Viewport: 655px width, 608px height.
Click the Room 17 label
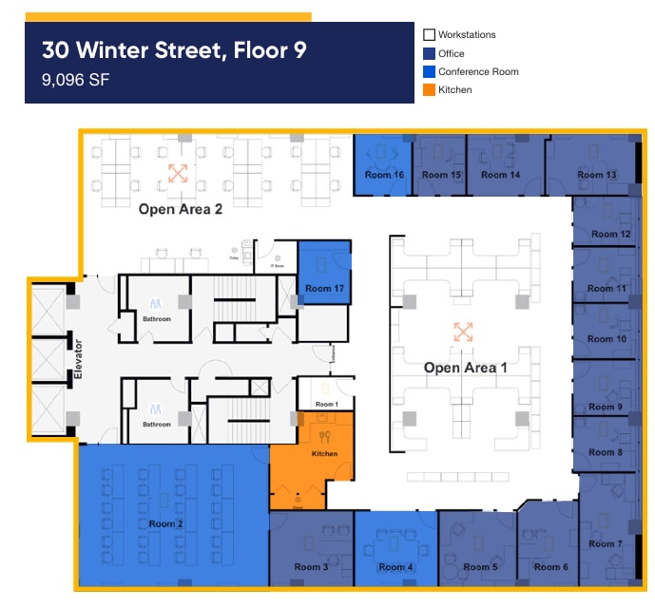tap(324, 288)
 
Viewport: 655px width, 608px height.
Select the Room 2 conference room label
tap(166, 523)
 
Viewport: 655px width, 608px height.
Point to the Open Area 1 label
tap(459, 368)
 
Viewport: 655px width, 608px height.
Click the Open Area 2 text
tap(181, 209)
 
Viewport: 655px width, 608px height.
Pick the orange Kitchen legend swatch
tap(430, 90)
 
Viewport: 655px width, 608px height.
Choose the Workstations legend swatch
tap(430, 35)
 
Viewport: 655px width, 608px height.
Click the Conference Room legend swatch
tap(430, 72)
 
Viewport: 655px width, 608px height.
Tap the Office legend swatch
tap(430, 53)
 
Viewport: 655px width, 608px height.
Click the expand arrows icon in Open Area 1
tap(463, 332)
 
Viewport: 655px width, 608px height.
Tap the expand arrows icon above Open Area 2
tap(178, 173)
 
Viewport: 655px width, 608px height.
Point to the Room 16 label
tap(384, 175)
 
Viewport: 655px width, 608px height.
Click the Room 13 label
tap(597, 175)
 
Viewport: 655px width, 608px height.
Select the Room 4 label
tap(396, 567)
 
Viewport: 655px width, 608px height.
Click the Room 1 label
tap(326, 405)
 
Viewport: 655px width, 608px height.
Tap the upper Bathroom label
tap(157, 319)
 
